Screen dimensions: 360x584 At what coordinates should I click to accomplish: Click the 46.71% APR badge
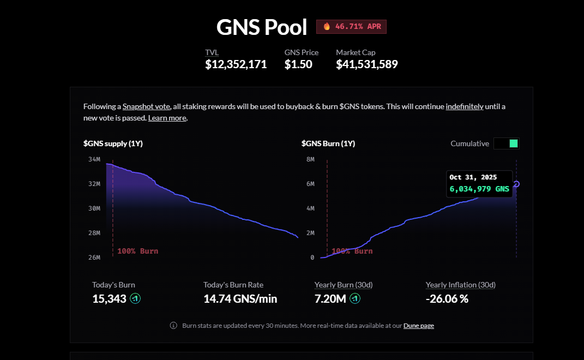pos(351,27)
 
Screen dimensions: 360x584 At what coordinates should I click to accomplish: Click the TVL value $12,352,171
pos(236,64)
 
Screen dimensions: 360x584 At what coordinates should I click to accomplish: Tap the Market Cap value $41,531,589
pos(366,64)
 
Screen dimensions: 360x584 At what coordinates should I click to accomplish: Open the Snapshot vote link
pos(146,106)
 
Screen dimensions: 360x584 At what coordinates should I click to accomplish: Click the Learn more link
pos(167,118)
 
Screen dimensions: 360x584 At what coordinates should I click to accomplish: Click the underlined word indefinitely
pos(465,106)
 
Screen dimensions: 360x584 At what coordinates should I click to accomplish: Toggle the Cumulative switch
pos(507,143)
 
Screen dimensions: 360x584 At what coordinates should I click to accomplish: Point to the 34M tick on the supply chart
pos(94,159)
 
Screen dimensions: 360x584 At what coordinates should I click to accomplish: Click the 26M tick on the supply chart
pos(94,257)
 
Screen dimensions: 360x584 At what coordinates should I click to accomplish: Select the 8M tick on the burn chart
pos(310,159)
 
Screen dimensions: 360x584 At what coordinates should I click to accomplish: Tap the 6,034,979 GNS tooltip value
pos(479,189)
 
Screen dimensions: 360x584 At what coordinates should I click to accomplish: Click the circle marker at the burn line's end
pos(516,184)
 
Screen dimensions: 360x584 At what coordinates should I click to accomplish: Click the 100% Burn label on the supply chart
pos(137,251)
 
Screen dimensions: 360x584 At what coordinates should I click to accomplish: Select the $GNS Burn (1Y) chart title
pos(328,143)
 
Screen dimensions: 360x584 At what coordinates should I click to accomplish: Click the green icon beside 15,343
pos(135,298)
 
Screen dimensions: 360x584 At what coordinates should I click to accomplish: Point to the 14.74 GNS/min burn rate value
pos(240,298)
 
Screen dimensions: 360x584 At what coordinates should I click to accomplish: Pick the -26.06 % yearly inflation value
pos(447,298)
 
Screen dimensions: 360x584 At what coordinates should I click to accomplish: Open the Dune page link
pos(419,326)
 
